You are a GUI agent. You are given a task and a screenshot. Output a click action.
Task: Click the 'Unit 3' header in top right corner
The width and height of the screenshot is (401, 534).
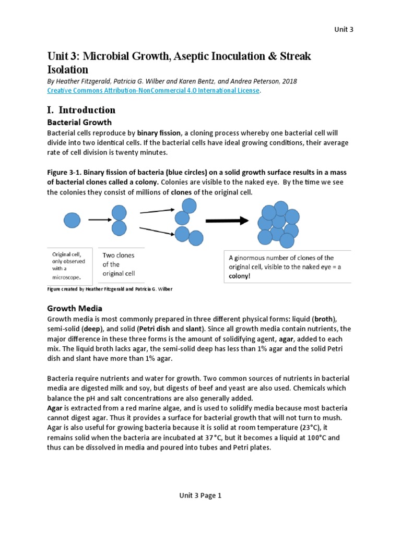pyautogui.click(x=344, y=29)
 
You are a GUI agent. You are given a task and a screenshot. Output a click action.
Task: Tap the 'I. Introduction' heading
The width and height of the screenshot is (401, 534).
pyautogui.click(x=81, y=110)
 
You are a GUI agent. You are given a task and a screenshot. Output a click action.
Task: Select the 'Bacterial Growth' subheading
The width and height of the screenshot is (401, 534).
pyautogui.click(x=79, y=123)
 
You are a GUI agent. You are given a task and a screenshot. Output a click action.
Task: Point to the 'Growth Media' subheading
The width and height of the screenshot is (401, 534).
pyautogui.click(x=75, y=308)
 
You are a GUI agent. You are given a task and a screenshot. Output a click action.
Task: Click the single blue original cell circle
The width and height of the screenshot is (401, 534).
pyautogui.click(x=72, y=220)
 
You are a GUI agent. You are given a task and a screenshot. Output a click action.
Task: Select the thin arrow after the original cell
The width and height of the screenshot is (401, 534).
pyautogui.click(x=97, y=220)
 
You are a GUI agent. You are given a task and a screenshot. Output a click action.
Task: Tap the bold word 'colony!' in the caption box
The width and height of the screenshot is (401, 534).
pyautogui.click(x=240, y=276)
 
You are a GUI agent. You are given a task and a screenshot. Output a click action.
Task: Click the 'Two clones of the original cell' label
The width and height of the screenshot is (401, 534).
pyautogui.click(x=119, y=264)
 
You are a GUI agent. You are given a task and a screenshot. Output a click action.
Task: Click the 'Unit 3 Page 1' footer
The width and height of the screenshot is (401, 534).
pyautogui.click(x=200, y=496)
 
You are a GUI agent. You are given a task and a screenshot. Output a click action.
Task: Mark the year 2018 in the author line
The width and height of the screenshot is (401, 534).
pyautogui.click(x=288, y=81)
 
